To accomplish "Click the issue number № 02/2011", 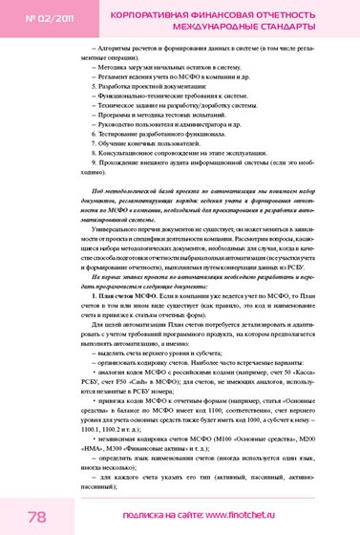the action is [x=37, y=18].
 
